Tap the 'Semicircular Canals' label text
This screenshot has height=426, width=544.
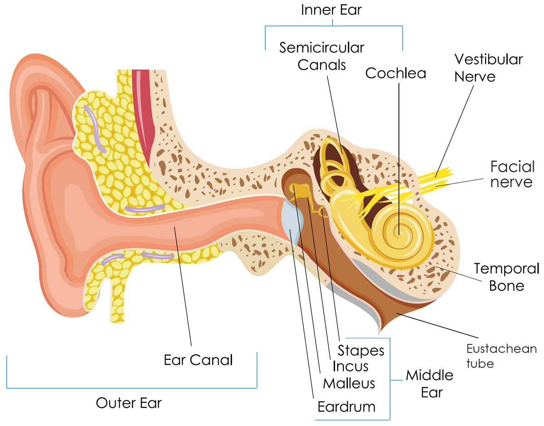[x=321, y=56]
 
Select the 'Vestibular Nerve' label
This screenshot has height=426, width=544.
[x=488, y=68]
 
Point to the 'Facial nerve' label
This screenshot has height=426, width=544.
[x=512, y=174]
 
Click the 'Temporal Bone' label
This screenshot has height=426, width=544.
[x=506, y=277]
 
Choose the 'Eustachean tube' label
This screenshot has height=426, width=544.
[x=501, y=356]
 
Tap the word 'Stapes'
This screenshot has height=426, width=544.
[x=361, y=350]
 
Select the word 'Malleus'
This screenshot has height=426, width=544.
[x=349, y=383]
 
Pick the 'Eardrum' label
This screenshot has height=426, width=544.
[x=346, y=406]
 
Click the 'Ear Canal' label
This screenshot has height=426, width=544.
[x=198, y=360]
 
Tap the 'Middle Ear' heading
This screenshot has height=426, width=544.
[x=429, y=383]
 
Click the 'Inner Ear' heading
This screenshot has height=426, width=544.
[x=332, y=10]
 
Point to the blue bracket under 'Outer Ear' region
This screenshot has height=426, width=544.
[x=131, y=388]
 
